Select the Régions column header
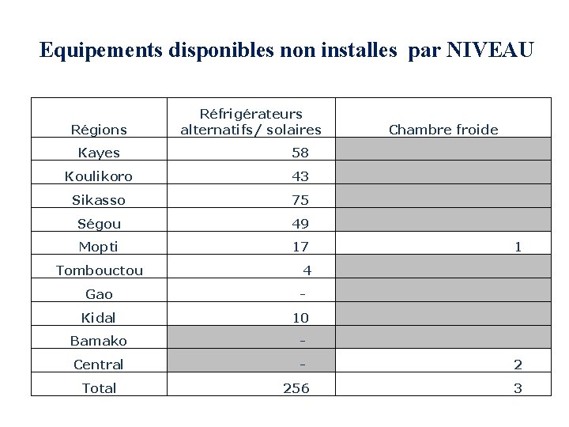(x=99, y=130)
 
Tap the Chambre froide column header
(x=443, y=130)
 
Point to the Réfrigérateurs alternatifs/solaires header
(x=251, y=122)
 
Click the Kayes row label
(x=99, y=153)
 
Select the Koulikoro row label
(x=99, y=176)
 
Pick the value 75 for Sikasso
(x=300, y=200)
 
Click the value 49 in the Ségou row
(x=300, y=224)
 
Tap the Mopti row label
(x=99, y=248)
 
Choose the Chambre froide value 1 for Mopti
(x=518, y=248)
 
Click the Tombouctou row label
(x=100, y=270)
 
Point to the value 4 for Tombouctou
(x=307, y=270)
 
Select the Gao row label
(x=99, y=294)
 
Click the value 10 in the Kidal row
(x=300, y=318)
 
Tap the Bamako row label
(x=99, y=341)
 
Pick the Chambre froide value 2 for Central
(x=518, y=365)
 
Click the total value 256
(x=296, y=388)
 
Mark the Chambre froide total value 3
(x=518, y=388)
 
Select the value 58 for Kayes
(x=300, y=153)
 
